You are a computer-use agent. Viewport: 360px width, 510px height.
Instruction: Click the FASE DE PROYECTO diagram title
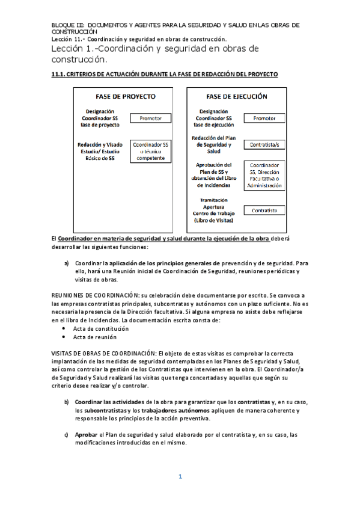(126, 96)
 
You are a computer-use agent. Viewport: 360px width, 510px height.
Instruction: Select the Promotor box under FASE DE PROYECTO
(150, 118)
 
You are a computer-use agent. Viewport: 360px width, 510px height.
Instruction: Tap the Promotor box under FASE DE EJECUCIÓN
(264, 118)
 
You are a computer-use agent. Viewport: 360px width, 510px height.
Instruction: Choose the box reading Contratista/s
(264, 145)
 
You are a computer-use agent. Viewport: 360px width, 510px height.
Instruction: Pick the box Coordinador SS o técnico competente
(150, 152)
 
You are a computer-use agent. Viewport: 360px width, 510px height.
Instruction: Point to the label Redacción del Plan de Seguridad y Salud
(213, 145)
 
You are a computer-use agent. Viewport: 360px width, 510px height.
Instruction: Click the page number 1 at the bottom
(180, 476)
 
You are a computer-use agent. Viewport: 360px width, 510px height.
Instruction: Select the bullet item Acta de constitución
(101, 329)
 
